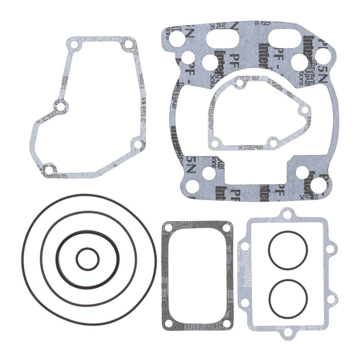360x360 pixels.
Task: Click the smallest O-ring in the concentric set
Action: point(87,249)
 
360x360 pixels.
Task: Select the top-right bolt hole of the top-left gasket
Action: point(128,45)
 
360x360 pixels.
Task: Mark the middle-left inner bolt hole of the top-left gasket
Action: point(61,107)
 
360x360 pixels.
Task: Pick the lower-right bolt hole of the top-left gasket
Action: point(136,145)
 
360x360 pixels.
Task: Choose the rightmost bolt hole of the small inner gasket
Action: point(304,110)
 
